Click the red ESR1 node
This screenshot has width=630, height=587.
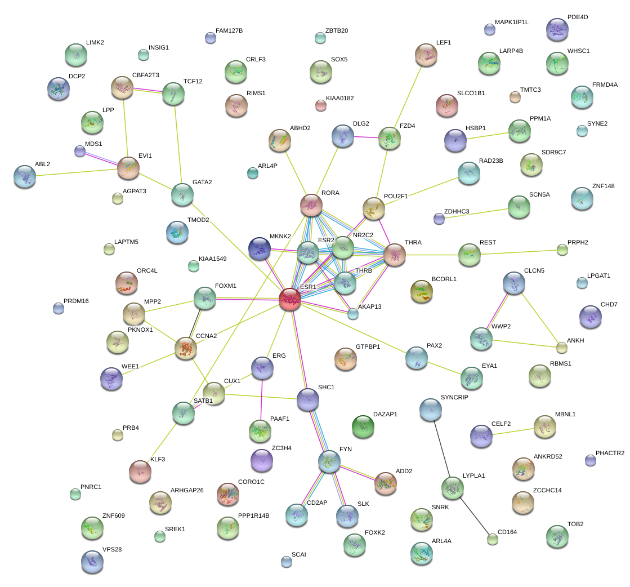pos(290,299)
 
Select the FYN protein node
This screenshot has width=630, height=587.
pos(329,461)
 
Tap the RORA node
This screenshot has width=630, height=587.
pos(310,205)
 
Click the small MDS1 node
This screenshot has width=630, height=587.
pos(80,151)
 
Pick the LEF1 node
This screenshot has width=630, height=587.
pos(426,55)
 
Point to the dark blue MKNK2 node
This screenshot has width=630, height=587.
pos(260,248)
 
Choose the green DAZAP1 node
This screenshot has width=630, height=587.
pos(363,426)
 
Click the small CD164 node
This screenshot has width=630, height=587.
pos(493,539)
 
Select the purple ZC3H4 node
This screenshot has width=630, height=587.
pos(261,460)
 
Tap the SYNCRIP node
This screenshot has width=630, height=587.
pos(431,410)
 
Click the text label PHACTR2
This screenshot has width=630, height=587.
pos(610,453)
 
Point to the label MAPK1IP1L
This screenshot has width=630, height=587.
pos(512,22)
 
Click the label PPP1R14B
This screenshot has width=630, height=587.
pos(254,515)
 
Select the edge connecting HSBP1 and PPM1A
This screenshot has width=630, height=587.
pos(488,135)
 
